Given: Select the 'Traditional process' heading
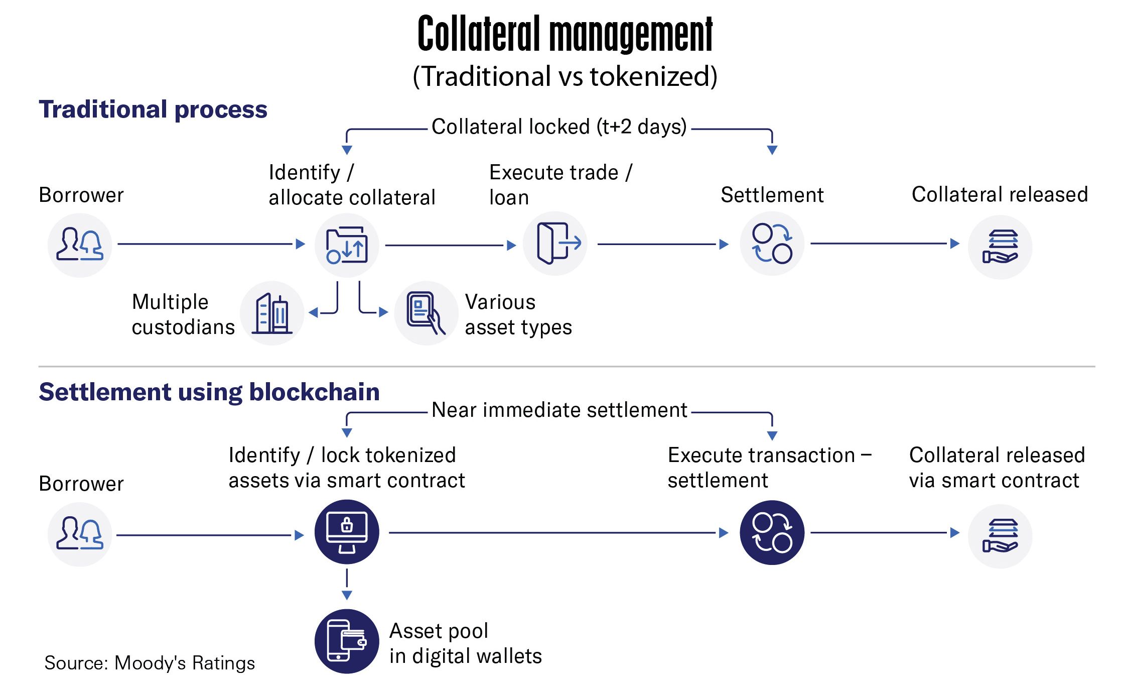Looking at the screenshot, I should pyautogui.click(x=153, y=109).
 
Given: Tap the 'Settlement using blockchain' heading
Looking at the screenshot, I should pyautogui.click(x=209, y=392).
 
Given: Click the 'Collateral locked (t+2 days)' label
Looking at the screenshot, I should pyautogui.click(x=559, y=127).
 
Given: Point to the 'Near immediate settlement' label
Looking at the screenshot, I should pyautogui.click(x=559, y=410).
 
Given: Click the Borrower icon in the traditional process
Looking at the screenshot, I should pyautogui.click(x=80, y=245).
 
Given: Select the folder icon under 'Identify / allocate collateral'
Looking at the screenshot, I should pyautogui.click(x=347, y=246).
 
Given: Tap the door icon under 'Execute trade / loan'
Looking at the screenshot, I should pyautogui.click(x=555, y=244).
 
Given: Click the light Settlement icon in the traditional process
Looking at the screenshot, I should pyautogui.click(x=772, y=244).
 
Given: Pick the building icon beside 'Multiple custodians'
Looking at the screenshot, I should pyautogui.click(x=272, y=313).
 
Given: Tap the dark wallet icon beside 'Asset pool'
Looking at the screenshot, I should pyautogui.click(x=347, y=641).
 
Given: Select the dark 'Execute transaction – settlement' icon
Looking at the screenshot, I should pyautogui.click(x=772, y=533).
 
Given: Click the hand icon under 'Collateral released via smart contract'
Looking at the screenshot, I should pyautogui.click(x=1000, y=536).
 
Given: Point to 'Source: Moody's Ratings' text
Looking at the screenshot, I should pyautogui.click(x=150, y=663).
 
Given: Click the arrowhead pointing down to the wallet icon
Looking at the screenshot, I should pyautogui.click(x=347, y=596).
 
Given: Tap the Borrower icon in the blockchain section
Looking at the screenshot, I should pyautogui.click(x=80, y=534).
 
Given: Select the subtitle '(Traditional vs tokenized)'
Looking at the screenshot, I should pyautogui.click(x=565, y=77).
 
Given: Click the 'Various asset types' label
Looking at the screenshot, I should pyautogui.click(x=518, y=315).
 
